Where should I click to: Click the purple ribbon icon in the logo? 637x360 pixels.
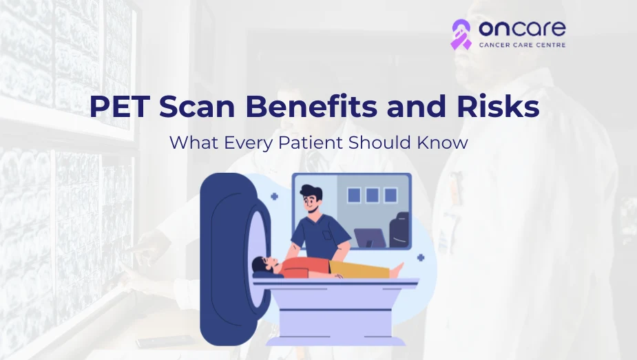tap(461, 34)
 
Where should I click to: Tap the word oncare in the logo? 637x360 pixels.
tap(521, 29)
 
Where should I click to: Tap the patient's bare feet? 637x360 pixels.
tap(400, 271)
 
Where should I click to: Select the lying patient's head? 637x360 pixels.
tap(260, 266)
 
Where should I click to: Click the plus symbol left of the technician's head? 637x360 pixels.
tap(274, 196)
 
